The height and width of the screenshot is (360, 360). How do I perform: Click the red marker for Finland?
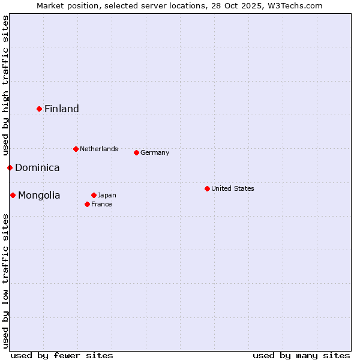click(x=40, y=109)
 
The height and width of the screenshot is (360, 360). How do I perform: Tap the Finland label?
click(x=62, y=109)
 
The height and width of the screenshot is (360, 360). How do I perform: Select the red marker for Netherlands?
click(x=76, y=149)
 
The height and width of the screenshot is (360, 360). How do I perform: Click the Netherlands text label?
click(x=99, y=149)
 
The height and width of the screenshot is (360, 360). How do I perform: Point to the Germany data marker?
click(x=136, y=152)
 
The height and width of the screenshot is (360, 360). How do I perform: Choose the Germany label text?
click(x=155, y=152)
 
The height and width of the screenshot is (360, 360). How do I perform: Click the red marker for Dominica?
click(x=10, y=167)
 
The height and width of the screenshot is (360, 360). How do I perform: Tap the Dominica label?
click(x=37, y=168)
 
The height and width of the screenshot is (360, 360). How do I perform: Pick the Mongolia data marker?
click(x=13, y=195)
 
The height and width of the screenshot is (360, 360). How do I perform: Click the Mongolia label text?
click(x=39, y=196)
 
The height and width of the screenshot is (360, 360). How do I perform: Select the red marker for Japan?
click(x=94, y=195)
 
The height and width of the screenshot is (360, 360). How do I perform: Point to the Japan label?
click(x=107, y=195)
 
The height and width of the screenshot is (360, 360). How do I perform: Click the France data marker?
click(x=87, y=204)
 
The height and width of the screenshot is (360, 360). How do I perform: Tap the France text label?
click(x=101, y=204)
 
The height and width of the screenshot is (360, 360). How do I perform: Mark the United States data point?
click(x=207, y=188)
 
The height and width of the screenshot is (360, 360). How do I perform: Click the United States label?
click(x=233, y=188)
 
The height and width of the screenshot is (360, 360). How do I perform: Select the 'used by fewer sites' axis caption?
click(x=62, y=355)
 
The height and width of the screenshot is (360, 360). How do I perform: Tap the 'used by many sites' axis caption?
click(x=301, y=355)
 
